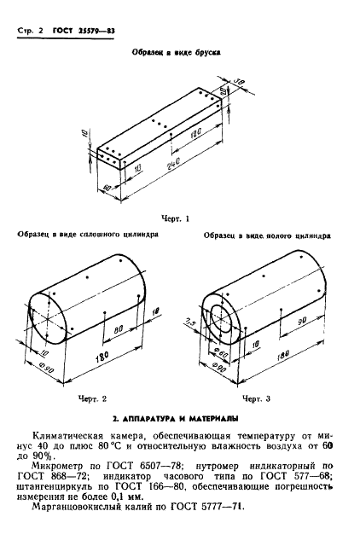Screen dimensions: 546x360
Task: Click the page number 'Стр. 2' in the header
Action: [30, 32]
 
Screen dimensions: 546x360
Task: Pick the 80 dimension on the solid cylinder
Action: [119, 327]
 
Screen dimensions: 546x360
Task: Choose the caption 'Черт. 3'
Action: [255, 398]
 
